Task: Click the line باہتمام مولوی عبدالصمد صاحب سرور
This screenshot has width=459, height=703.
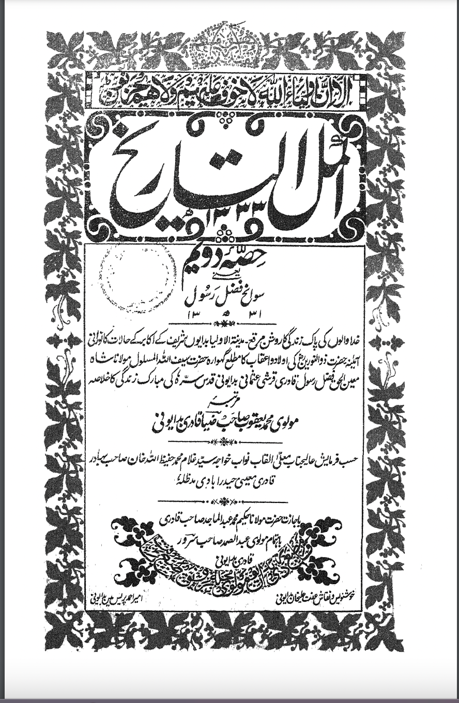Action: [228, 541]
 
